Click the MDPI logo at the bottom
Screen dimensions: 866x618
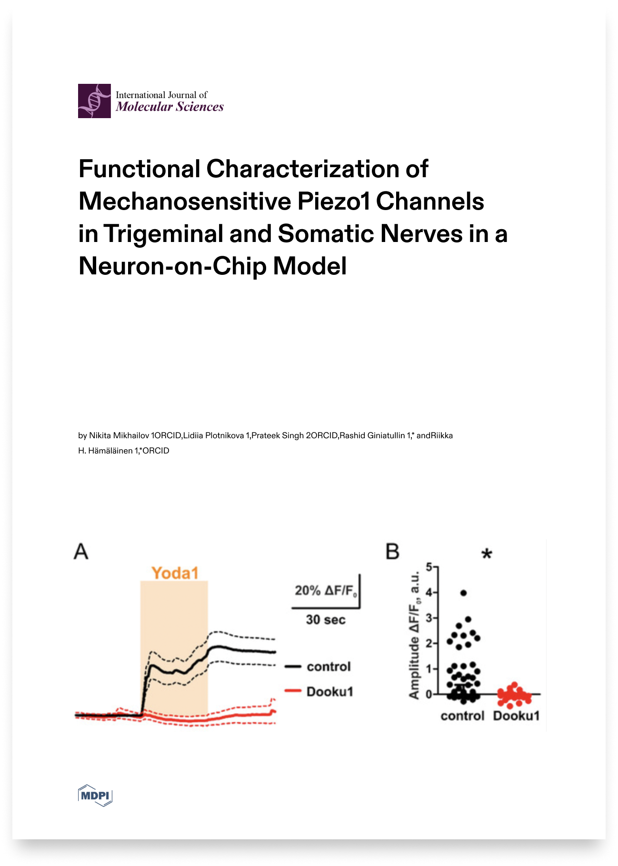click(95, 795)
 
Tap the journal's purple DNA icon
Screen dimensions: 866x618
click(94, 101)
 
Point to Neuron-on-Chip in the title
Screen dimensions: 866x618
click(172, 266)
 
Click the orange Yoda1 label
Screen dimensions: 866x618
click(175, 573)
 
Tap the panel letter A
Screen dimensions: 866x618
click(81, 552)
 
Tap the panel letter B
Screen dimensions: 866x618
click(392, 552)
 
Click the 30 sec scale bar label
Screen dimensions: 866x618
click(326, 620)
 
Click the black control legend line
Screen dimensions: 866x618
click(293, 667)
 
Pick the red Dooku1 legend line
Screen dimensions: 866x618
click(293, 691)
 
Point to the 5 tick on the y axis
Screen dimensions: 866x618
click(429, 567)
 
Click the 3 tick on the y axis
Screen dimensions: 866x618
click(429, 618)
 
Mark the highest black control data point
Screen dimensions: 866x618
click(463, 593)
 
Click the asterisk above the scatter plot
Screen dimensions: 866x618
click(487, 554)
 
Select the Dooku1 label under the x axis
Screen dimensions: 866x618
click(516, 716)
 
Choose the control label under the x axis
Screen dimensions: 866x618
click(462, 716)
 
